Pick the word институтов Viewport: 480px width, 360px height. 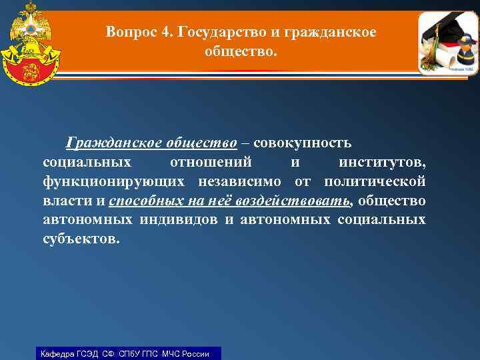click(382, 162)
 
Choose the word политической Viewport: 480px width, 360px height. click(375, 181)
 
